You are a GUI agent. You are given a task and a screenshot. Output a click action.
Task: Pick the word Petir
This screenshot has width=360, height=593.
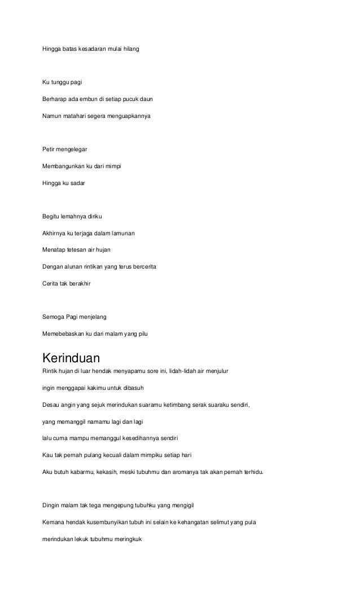(x=50, y=150)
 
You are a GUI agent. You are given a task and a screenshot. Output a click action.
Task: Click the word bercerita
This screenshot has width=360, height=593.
(x=144, y=267)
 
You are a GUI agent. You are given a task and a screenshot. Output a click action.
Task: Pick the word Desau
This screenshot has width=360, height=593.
(x=51, y=405)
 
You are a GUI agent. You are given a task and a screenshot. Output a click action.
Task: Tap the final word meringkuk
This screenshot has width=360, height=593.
(x=129, y=539)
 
